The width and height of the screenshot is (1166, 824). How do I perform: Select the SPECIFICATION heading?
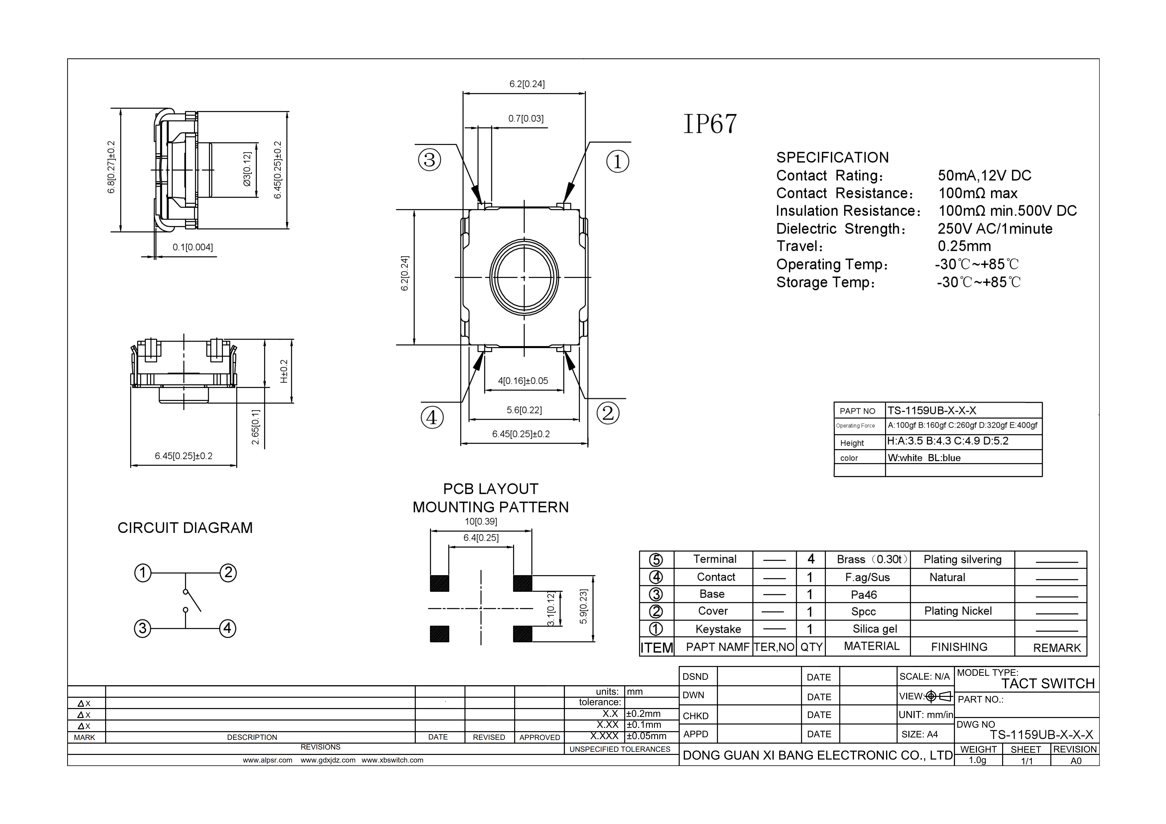coord(832,158)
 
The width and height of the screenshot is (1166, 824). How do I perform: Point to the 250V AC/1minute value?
coord(995,229)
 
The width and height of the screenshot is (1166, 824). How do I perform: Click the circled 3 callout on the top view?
coord(430,160)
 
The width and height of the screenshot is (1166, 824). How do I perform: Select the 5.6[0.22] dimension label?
coord(524,410)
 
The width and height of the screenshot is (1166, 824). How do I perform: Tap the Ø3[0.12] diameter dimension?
coord(247,169)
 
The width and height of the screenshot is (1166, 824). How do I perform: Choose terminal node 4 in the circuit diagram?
coord(227,628)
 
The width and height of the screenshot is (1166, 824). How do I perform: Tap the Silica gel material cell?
coord(874,629)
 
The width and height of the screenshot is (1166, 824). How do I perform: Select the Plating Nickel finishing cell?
coord(958,611)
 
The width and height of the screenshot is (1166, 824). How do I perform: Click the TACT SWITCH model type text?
coord(1048,684)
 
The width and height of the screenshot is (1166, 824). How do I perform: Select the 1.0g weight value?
coord(978,760)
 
